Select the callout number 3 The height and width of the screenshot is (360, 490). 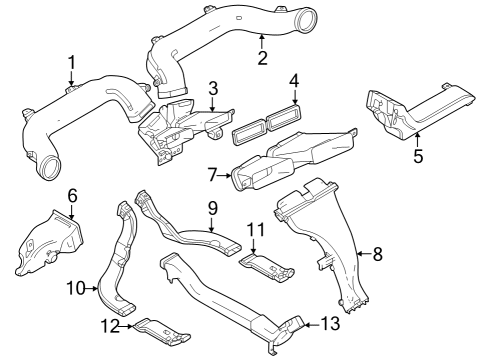(x=212, y=91)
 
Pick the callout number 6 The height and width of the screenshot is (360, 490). (x=71, y=194)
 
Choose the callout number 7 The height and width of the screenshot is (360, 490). (x=213, y=174)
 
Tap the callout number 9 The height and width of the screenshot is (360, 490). (x=212, y=208)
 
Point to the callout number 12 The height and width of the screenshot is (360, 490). (x=113, y=326)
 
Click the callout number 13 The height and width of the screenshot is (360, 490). (x=331, y=325)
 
